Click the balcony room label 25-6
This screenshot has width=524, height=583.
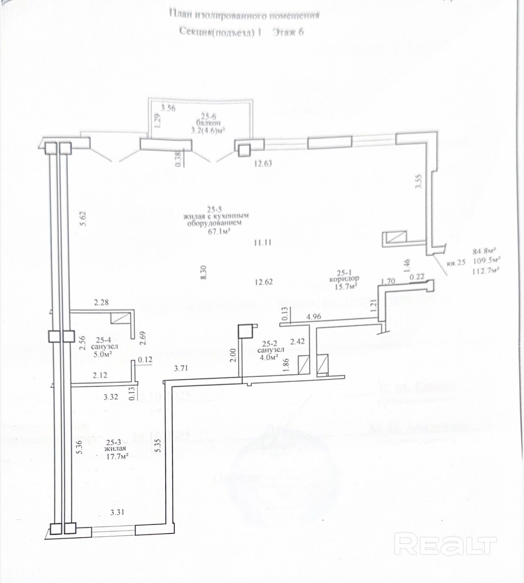[x=208, y=116]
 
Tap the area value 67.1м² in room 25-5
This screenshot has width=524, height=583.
[x=219, y=231]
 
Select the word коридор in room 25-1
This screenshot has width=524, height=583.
[x=344, y=279]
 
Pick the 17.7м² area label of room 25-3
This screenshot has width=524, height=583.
[x=117, y=456]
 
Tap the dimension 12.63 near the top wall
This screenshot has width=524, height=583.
[x=263, y=163]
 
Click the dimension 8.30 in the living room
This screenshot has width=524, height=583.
[x=204, y=272]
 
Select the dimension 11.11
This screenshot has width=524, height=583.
[x=262, y=243]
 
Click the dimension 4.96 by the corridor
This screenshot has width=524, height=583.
[x=314, y=316]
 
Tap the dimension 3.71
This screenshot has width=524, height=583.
[x=181, y=368]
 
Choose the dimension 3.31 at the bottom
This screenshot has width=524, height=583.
[x=117, y=512]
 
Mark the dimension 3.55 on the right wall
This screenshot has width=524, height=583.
[x=419, y=181]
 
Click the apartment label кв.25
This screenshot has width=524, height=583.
[x=456, y=263]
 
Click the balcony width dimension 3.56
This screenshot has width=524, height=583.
[x=168, y=108]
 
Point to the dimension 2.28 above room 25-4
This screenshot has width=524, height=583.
[x=102, y=302]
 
